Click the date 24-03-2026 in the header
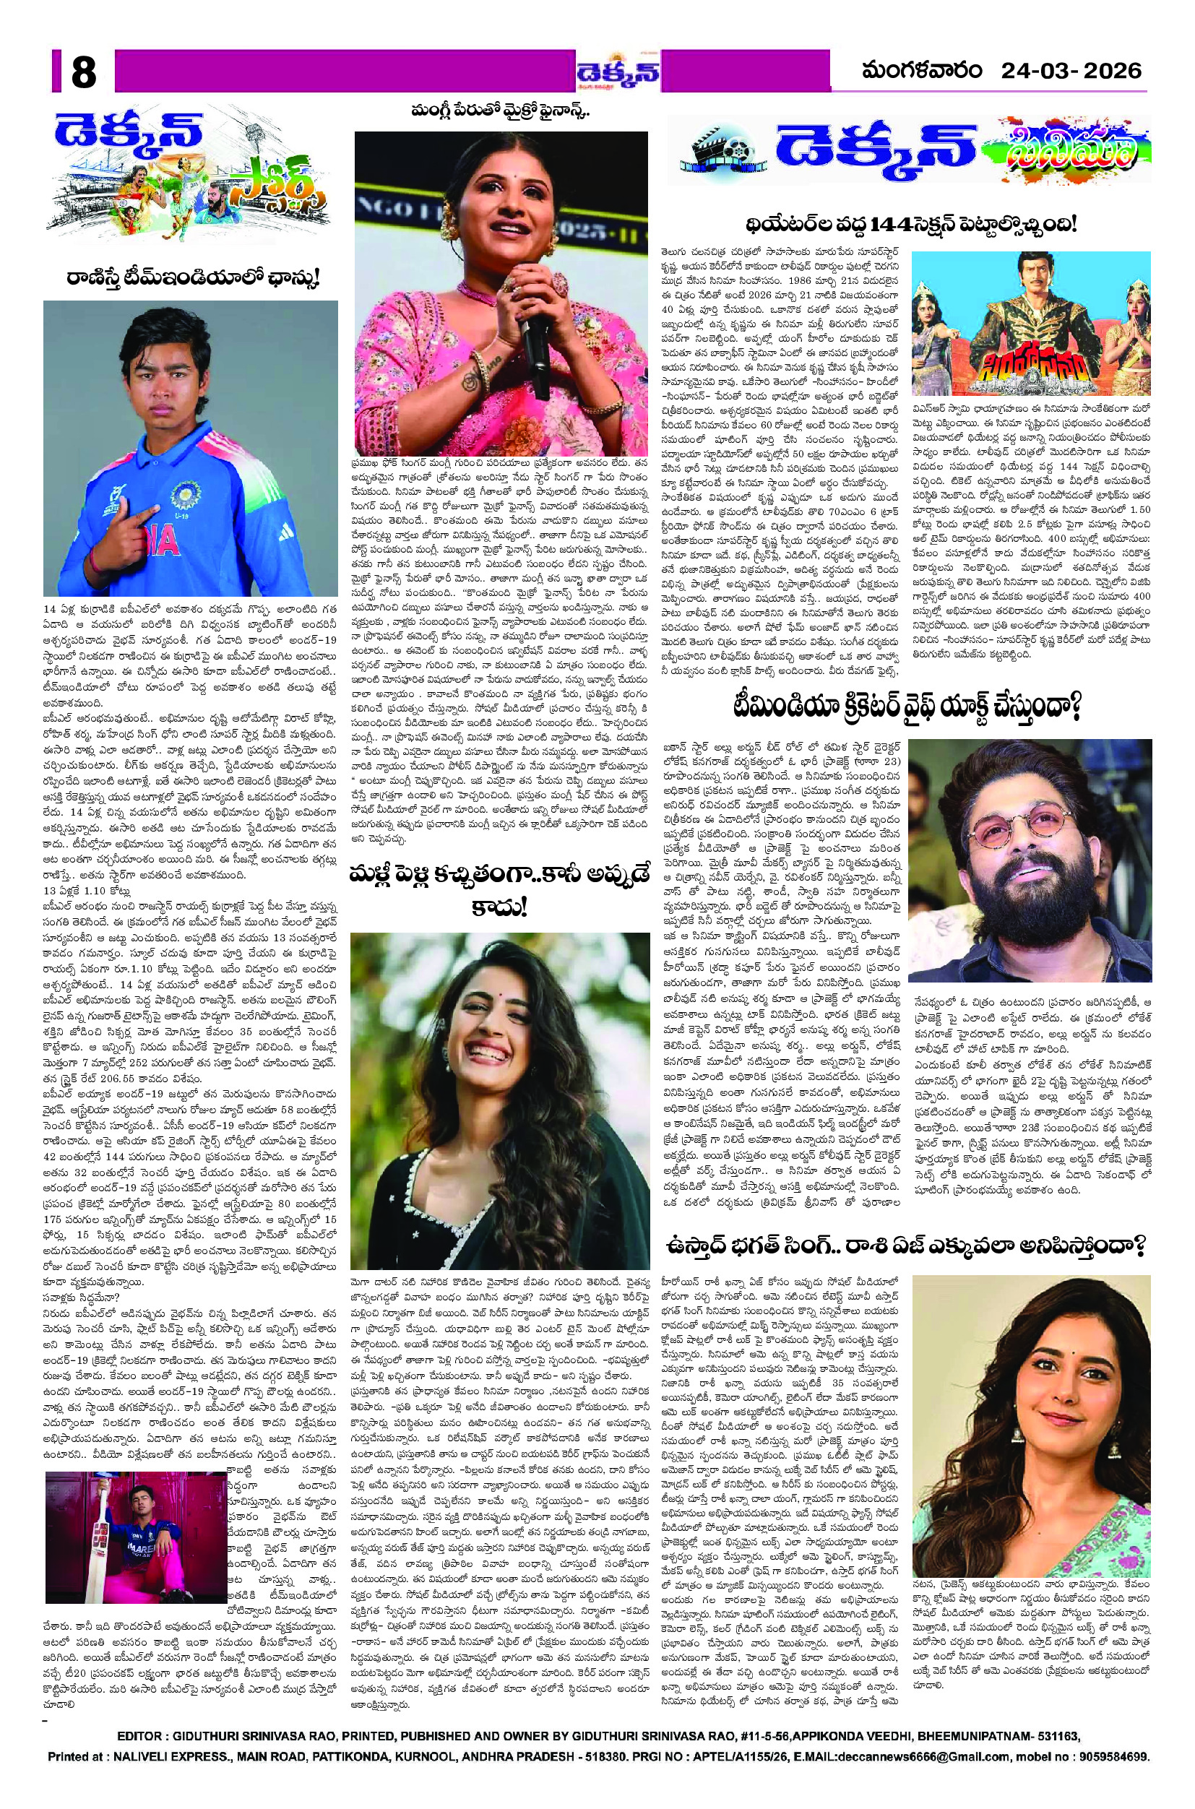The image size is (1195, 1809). (1071, 71)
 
